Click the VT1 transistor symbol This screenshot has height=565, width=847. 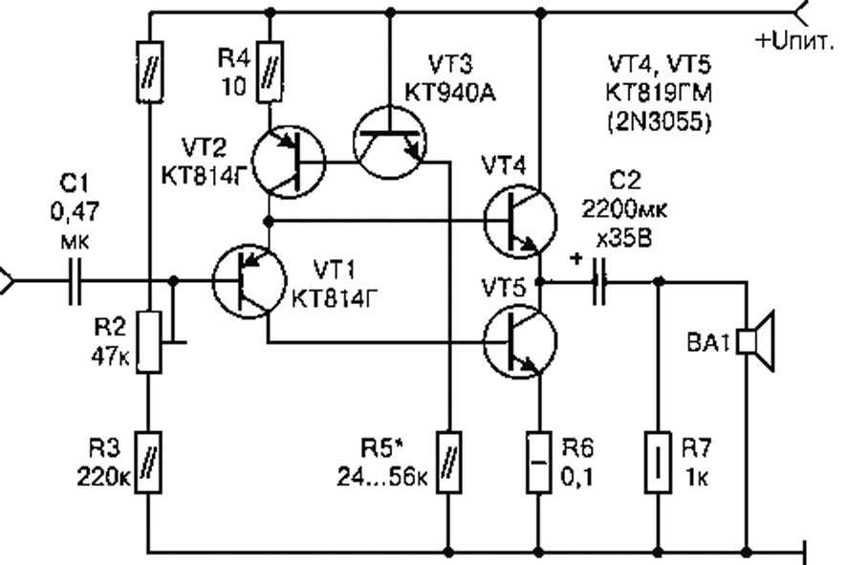[x=249, y=281]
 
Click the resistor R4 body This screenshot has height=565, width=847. [x=270, y=72]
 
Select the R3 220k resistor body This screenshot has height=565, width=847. [x=148, y=463]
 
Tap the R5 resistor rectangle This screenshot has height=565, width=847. [x=448, y=463]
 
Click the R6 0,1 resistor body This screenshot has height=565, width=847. [x=538, y=463]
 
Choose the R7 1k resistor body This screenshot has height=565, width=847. [x=658, y=463]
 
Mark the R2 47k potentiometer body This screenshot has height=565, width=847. [x=148, y=342]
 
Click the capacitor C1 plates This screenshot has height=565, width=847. [x=76, y=281]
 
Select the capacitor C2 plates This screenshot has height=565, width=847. [x=599, y=281]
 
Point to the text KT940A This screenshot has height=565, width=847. [x=449, y=93]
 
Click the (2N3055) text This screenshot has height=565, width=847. [x=659, y=123]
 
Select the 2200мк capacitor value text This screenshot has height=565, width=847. [x=624, y=209]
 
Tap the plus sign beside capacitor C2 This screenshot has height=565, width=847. [x=576, y=259]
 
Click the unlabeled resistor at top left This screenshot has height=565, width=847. [x=148, y=72]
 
